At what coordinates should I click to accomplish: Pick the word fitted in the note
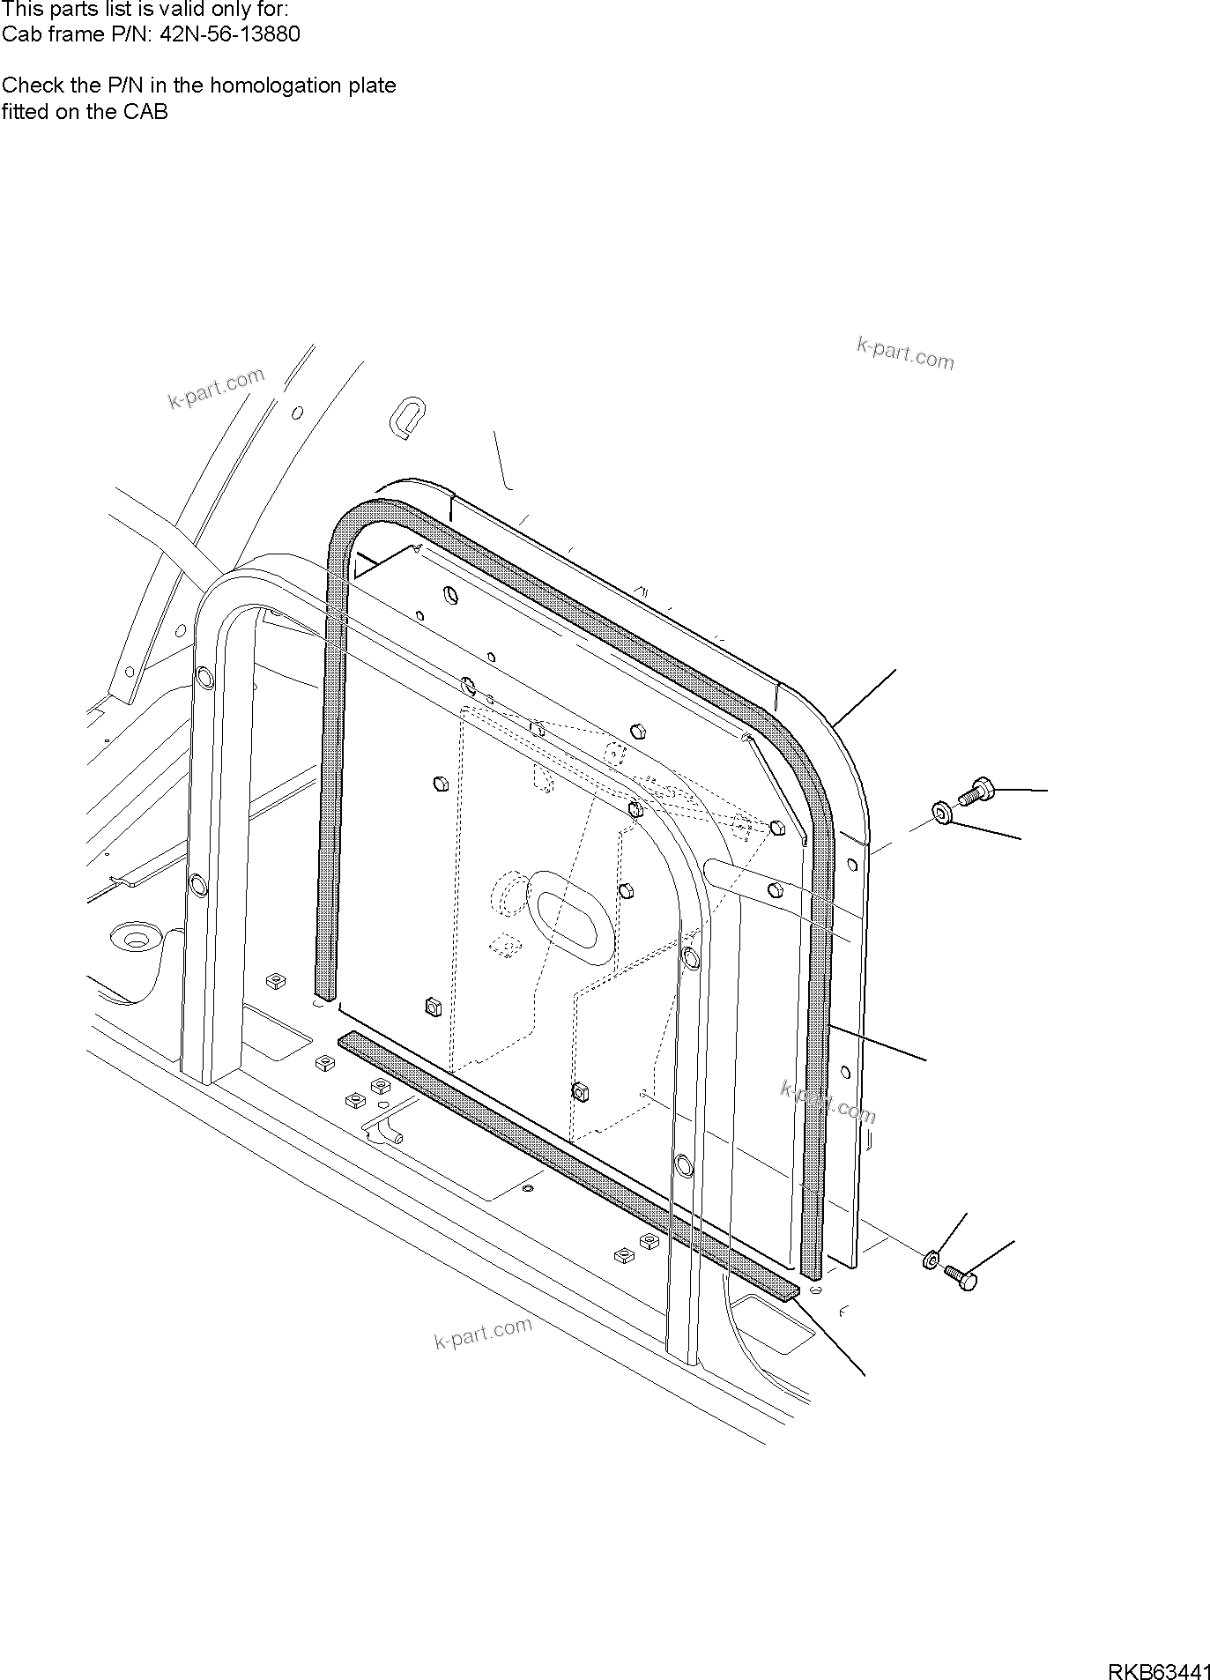pos(24,112)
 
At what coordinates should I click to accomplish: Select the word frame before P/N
pos(75,34)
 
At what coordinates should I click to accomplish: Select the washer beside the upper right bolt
pos(941,812)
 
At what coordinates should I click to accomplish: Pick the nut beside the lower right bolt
pos(930,1261)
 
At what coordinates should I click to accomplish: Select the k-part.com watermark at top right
pos(905,353)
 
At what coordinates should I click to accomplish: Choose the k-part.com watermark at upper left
pos(216,389)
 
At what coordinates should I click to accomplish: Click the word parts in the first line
pos(74,9)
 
